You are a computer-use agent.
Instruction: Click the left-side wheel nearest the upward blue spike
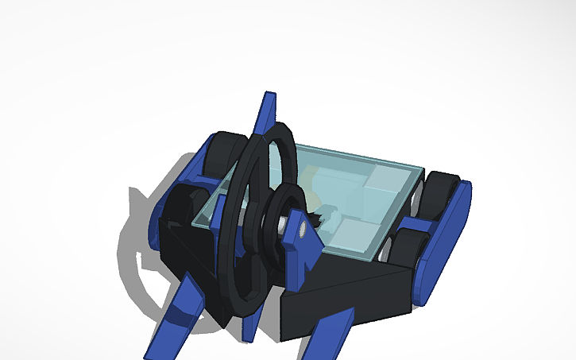pos(222,155)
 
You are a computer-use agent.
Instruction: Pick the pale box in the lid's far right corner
pos(385,180)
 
